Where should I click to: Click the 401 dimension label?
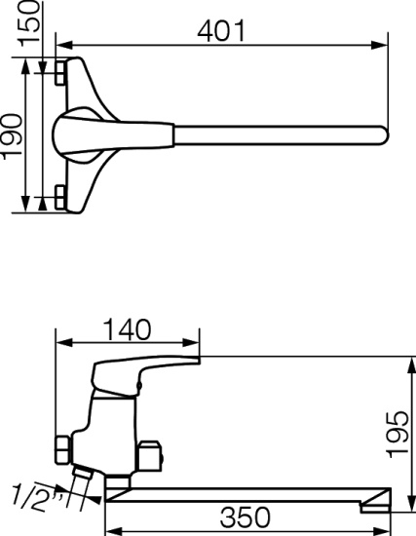221,31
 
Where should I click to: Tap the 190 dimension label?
13,136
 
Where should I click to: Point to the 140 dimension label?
127,329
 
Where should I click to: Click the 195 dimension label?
397,434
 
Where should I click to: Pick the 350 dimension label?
246,517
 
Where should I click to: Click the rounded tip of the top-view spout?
384,135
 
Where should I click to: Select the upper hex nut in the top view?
60,72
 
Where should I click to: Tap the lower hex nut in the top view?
60,197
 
